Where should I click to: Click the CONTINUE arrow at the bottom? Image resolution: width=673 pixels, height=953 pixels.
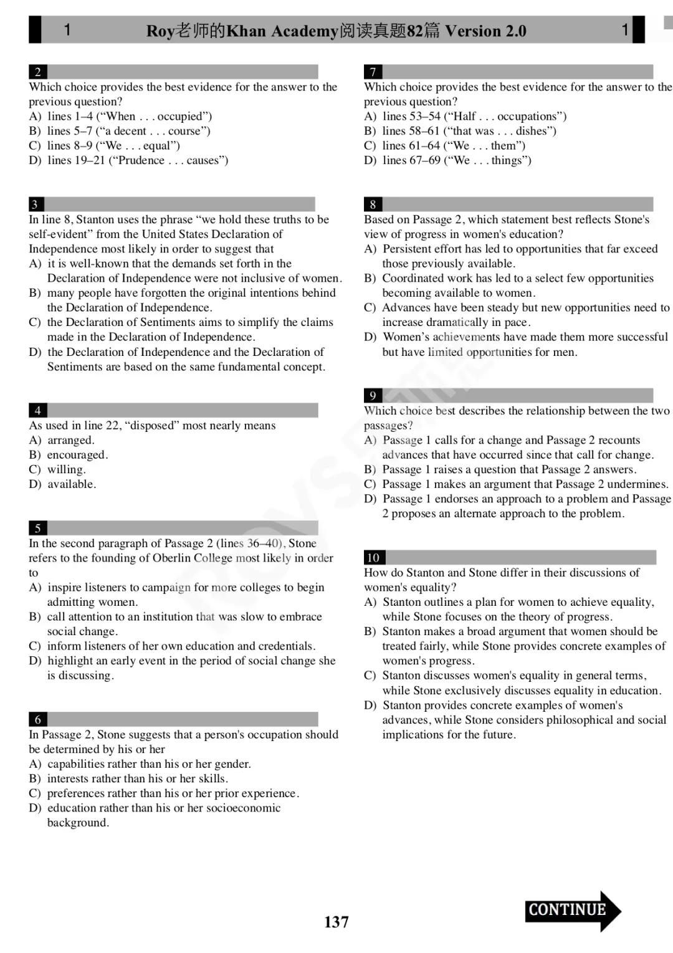(572, 911)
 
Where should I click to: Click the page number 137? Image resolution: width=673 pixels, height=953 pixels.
(336, 922)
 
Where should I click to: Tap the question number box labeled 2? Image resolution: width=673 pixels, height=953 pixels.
(37, 72)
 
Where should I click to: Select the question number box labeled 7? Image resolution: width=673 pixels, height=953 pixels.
(373, 72)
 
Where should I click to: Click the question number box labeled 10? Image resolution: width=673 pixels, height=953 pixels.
(373, 557)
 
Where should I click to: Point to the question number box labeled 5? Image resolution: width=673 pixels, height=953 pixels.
(37, 528)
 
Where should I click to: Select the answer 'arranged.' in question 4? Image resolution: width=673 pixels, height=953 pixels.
(70, 440)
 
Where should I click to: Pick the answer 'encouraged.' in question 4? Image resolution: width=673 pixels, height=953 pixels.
(77, 454)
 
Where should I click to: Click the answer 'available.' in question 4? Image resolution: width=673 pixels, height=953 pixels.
(72, 484)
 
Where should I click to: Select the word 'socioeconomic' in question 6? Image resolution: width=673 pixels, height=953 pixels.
(244, 808)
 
